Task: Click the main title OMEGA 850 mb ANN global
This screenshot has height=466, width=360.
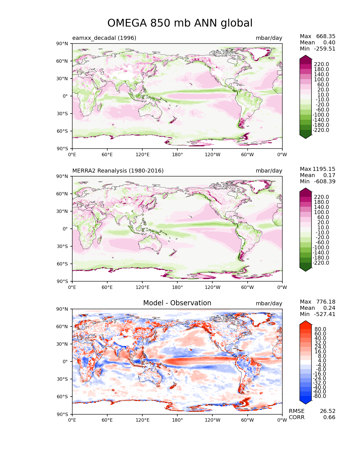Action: [180, 23]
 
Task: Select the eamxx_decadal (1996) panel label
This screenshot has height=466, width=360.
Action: [104, 38]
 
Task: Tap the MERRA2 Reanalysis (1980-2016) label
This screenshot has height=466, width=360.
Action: [118, 171]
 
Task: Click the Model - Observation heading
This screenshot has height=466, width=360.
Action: [177, 303]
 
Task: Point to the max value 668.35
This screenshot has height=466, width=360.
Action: [326, 36]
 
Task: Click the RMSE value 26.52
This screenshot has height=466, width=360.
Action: [328, 411]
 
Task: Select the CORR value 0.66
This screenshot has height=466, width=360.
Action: [329, 417]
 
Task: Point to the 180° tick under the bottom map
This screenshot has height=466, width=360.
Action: [177, 420]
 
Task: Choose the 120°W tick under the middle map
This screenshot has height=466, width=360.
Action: [213, 287]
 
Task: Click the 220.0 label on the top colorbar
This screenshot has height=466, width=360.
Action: [321, 64]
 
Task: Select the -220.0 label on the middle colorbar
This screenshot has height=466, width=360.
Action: [320, 263]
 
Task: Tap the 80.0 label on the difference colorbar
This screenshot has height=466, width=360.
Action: [320, 329]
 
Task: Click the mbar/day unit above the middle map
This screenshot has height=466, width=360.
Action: [269, 171]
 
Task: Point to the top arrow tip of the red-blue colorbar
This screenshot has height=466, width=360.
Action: [306, 321]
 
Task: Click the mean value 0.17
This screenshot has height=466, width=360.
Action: [329, 175]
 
